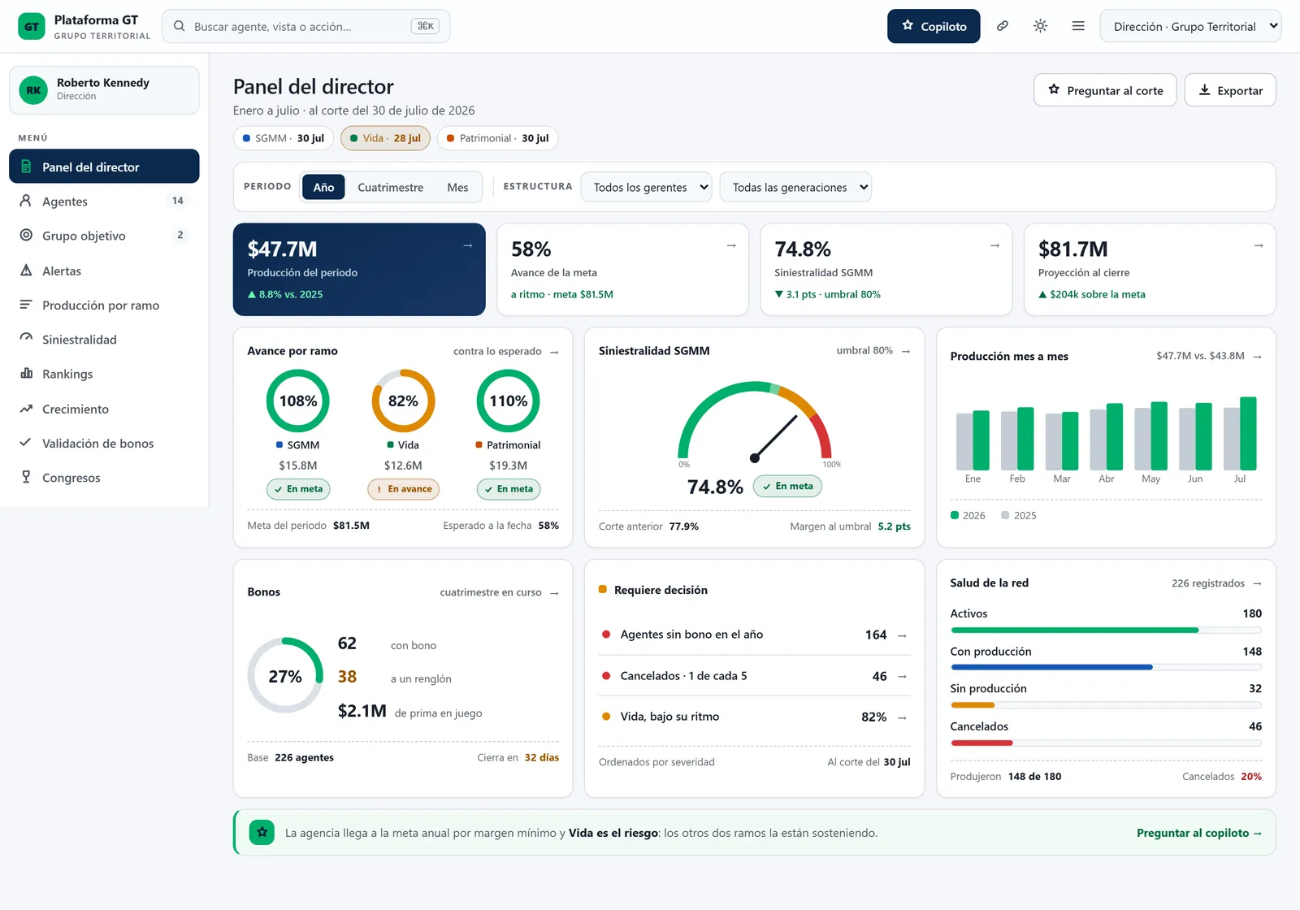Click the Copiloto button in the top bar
pos(934,26)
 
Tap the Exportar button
pos(1230,90)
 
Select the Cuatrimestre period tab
pos(390,187)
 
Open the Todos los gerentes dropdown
pos(646,187)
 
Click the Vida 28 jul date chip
pos(385,138)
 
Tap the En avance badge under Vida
pos(403,488)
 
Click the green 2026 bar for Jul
pos(1248,433)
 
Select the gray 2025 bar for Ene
pos(964,441)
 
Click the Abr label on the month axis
pos(1106,479)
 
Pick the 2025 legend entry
pos(1019,515)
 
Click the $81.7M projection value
pos(1072,249)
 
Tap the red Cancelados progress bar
pos(981,743)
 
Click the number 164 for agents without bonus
pos(876,635)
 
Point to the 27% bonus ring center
pos(285,675)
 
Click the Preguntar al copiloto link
pos(1199,833)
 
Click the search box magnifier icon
pos(180,26)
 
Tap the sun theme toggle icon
pos(1040,26)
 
